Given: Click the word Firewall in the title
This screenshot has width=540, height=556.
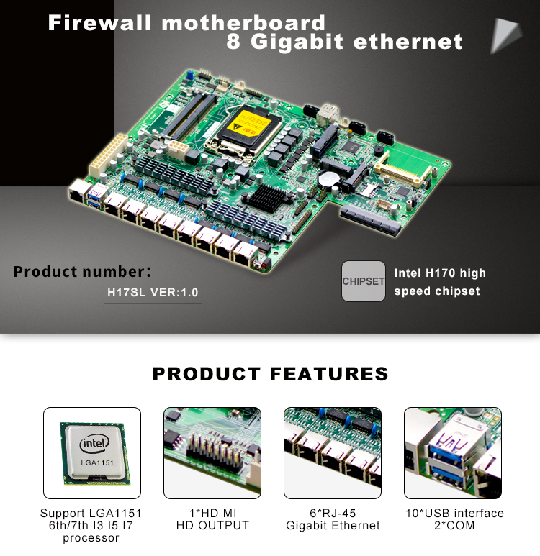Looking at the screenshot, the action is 100,23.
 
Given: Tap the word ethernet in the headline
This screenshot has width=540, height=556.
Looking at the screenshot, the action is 408,42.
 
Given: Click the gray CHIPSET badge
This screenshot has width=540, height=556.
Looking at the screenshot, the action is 363,281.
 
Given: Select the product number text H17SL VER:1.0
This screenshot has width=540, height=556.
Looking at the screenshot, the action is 153,293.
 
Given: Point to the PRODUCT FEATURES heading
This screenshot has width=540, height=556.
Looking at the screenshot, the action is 270,374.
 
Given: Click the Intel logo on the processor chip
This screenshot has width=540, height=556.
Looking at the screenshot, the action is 94,443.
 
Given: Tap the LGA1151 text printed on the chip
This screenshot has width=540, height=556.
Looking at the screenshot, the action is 97,462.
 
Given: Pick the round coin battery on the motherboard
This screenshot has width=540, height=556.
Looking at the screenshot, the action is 329,178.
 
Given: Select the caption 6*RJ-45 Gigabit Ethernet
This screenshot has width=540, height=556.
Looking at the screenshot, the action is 333,519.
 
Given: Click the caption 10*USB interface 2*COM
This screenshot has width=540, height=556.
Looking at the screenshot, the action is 454,519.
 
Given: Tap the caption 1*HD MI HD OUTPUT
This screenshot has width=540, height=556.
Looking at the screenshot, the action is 212,519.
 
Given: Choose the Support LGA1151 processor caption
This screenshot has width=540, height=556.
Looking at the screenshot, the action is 91,526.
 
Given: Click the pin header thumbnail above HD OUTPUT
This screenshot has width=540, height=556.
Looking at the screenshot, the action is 212,453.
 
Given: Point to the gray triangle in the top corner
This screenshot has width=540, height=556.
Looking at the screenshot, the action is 504,35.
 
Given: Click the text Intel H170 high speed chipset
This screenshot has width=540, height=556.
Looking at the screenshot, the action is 439,282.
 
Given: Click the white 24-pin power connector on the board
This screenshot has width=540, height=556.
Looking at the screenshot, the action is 108,155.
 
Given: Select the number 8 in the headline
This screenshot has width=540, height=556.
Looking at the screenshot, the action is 233,42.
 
